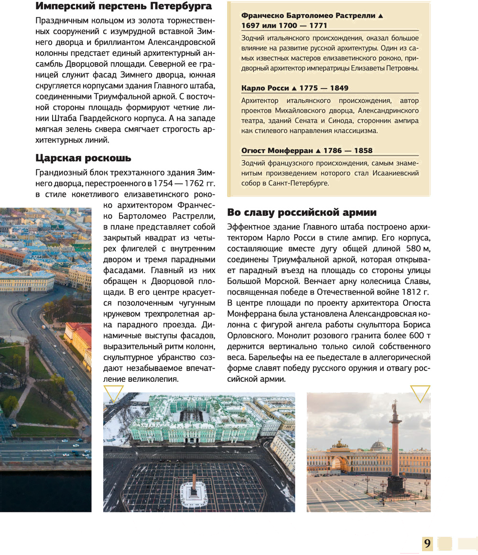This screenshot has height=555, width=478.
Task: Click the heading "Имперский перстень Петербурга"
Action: pos(124,7)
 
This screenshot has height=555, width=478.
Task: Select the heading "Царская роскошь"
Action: pos(84,158)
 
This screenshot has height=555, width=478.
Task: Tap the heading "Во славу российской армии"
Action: pos(302,212)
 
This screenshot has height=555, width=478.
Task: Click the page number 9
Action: pos(427,544)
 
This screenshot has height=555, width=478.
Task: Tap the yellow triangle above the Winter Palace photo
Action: pos(113,393)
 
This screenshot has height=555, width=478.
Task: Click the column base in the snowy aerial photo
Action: pos(195,492)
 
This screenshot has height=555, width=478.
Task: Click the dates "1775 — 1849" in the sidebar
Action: pos(323,88)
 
